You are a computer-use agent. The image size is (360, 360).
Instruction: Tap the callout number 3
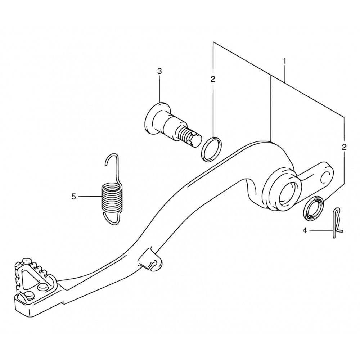click(159, 71)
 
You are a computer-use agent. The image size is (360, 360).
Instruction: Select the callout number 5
click(73, 197)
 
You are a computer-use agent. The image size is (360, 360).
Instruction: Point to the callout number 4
click(305, 230)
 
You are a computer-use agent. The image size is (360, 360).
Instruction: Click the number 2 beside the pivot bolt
click(213, 79)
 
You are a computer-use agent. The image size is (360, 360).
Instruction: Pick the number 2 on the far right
click(344, 147)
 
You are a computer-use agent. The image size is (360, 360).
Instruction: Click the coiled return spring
click(111, 196)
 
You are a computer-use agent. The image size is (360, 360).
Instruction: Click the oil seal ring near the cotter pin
click(314, 207)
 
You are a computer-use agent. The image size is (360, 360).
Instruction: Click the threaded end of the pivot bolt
click(190, 139)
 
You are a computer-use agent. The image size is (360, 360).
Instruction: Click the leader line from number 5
click(90, 197)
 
